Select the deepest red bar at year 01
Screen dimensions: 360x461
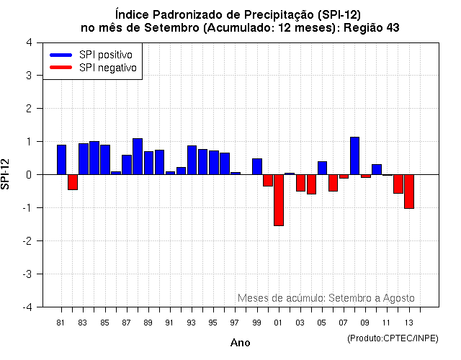tap(279, 200)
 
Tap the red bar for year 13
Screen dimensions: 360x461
tap(409, 192)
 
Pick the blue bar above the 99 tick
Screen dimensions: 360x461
tap(257, 166)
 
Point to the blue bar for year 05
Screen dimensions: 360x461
tap(322, 168)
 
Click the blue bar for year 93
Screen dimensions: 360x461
tap(192, 160)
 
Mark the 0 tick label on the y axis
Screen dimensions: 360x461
tap(28, 175)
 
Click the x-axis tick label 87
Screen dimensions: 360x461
tap(127, 323)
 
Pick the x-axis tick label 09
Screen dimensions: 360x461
tap(365, 323)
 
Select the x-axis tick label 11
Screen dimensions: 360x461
tap(387, 323)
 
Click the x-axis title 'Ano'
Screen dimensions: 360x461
tap(240, 343)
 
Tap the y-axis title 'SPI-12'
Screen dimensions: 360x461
tap(6, 175)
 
